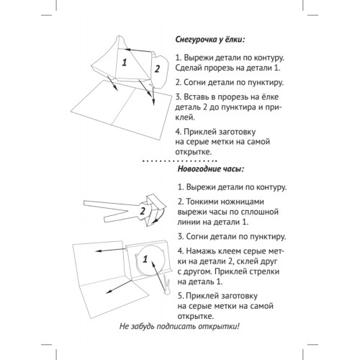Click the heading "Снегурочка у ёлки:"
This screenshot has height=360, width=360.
(210, 40)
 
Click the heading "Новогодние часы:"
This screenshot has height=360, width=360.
(211, 169)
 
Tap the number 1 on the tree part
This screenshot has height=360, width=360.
(124, 63)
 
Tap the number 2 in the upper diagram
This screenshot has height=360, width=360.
(157, 69)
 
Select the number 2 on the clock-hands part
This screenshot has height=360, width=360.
(143, 211)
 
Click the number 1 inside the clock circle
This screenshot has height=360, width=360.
(145, 259)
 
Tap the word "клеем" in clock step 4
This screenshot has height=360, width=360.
(229, 251)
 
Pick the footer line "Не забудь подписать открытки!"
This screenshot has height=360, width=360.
(179, 326)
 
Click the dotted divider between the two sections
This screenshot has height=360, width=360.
(179, 161)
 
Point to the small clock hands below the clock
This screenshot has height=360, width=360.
(166, 286)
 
